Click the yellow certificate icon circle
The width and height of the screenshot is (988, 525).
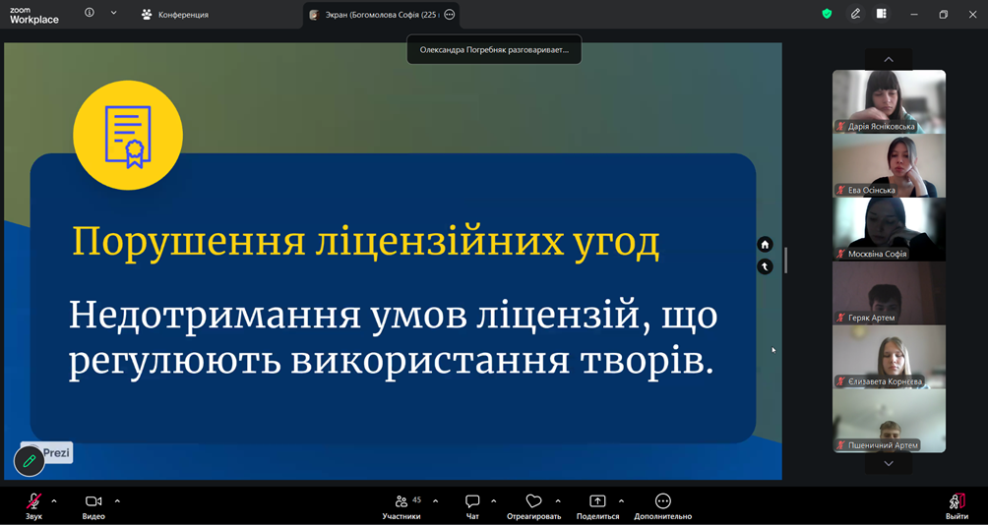pos(128,135)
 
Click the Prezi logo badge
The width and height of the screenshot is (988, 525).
pos(48,452)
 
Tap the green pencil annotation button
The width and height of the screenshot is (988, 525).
pos(30,461)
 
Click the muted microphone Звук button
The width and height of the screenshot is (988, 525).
pos(34,506)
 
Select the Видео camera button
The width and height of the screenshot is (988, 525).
pos(93,506)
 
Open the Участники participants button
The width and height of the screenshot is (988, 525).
pos(401,506)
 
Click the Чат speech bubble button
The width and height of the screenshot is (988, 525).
pos(472,506)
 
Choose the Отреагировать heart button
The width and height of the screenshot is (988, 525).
pos(533,506)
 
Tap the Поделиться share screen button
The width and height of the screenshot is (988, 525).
pos(597,506)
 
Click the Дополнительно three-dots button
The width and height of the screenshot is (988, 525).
pos(663,506)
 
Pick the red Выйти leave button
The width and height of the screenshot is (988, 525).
pos(957,506)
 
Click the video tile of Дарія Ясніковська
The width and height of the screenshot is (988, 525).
pos(889,101)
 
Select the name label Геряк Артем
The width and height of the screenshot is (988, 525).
pos(872,318)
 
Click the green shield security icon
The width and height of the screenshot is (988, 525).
pos(828,14)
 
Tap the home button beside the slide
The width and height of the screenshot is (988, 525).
pos(765,244)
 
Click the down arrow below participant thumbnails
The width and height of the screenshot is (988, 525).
pos(889,464)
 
